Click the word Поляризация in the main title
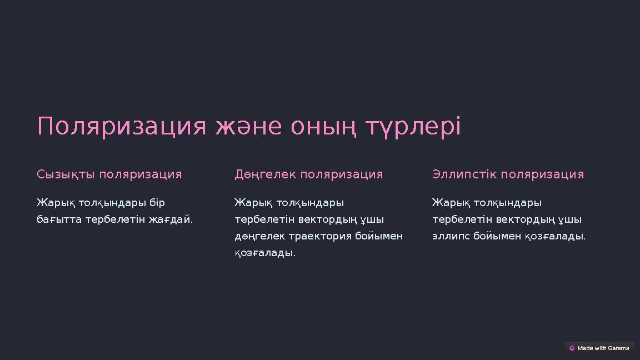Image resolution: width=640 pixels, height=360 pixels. click(122, 127)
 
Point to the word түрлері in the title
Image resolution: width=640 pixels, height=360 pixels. click(413, 127)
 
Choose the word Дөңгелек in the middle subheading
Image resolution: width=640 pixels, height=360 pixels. click(264, 174)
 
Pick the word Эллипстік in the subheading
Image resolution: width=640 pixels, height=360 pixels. click(464, 174)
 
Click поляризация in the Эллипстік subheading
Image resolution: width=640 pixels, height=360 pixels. click(542, 174)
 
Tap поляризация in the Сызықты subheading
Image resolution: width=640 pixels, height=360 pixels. click(141, 174)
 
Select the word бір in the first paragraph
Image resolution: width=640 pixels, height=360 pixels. click(157, 203)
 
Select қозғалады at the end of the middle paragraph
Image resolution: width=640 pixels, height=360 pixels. click(264, 253)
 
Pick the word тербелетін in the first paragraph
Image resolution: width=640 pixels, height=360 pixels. click(114, 219)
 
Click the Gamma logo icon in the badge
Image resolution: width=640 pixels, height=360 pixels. click(572, 348)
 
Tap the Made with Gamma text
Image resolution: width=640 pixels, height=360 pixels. click(603, 348)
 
